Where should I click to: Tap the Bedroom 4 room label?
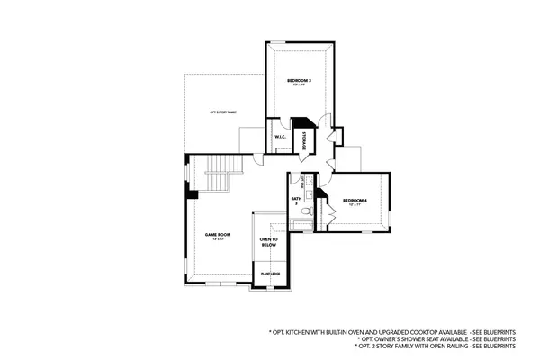[354, 200]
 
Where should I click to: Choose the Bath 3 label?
[295, 202]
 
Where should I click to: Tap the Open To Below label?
[268, 242]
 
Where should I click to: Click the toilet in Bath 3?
[307, 211]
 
